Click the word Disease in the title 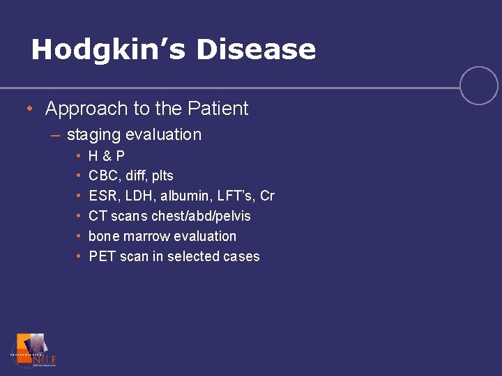coord(256,49)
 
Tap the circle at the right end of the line coord(479,86)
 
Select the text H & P coord(107,156)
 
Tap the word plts coord(161,176)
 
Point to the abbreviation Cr coord(267,196)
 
